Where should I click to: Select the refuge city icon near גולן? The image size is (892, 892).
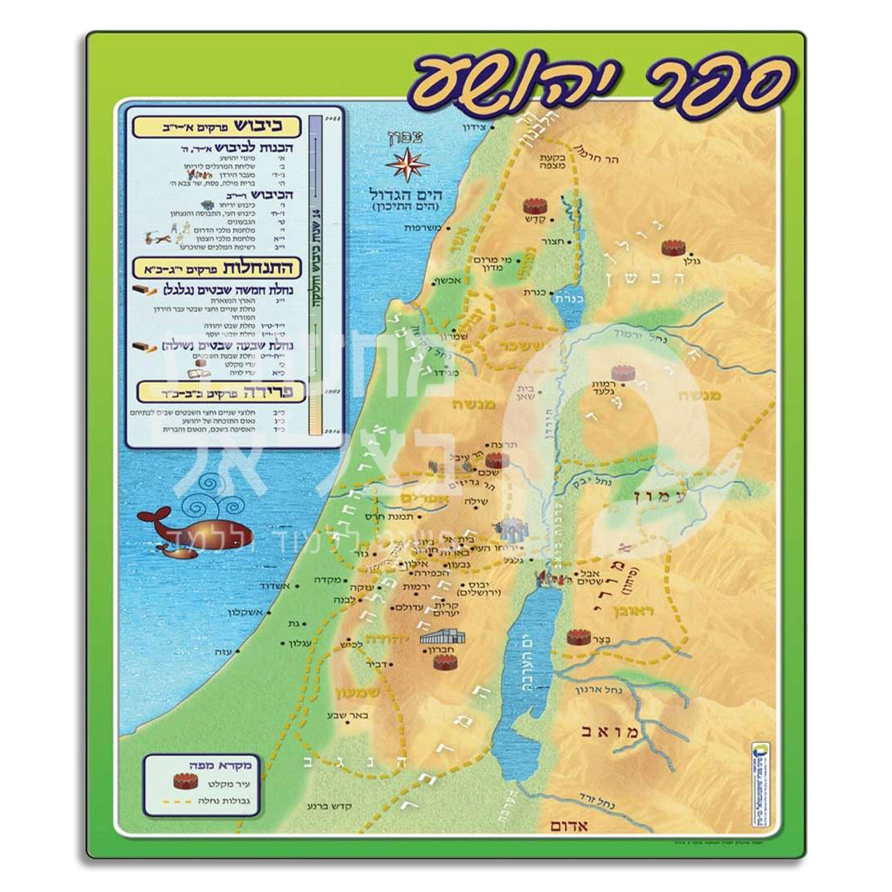[672, 247]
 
